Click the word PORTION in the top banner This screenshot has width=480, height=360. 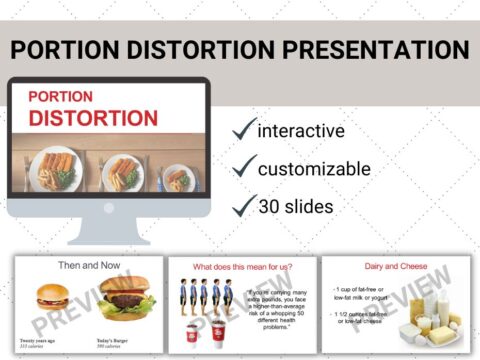(68, 50)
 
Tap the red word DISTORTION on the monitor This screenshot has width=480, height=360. (93, 118)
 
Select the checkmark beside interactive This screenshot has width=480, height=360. (243, 131)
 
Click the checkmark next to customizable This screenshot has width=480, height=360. (243, 168)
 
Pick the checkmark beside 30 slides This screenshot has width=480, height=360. (243, 205)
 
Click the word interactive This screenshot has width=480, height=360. (301, 131)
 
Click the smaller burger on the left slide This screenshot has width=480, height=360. (52, 297)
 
